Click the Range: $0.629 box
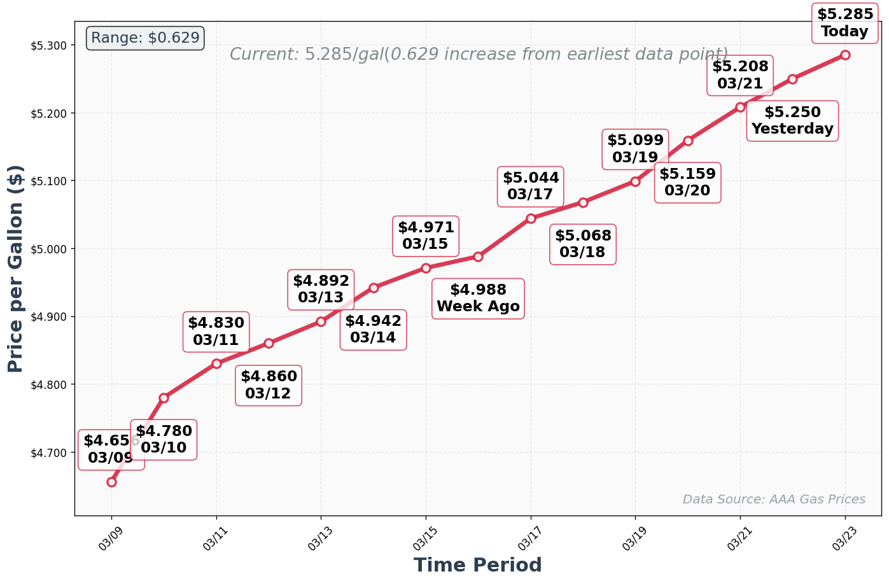tap(145, 38)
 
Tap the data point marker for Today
tap(845, 55)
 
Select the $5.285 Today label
tap(844, 23)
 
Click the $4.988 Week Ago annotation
tap(478, 299)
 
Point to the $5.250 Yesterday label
tap(792, 120)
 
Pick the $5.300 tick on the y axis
tap(48, 45)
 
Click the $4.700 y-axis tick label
tap(48, 453)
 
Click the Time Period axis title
tap(477, 565)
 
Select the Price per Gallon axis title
tap(16, 269)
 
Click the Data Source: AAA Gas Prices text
tap(774, 500)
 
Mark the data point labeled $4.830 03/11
tap(216, 363)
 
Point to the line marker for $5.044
tap(531, 218)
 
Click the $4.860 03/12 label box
tap(269, 385)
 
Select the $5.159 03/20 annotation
tap(687, 182)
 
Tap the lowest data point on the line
tap(111, 482)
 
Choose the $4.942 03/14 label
tap(373, 329)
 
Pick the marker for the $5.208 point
tap(740, 107)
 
